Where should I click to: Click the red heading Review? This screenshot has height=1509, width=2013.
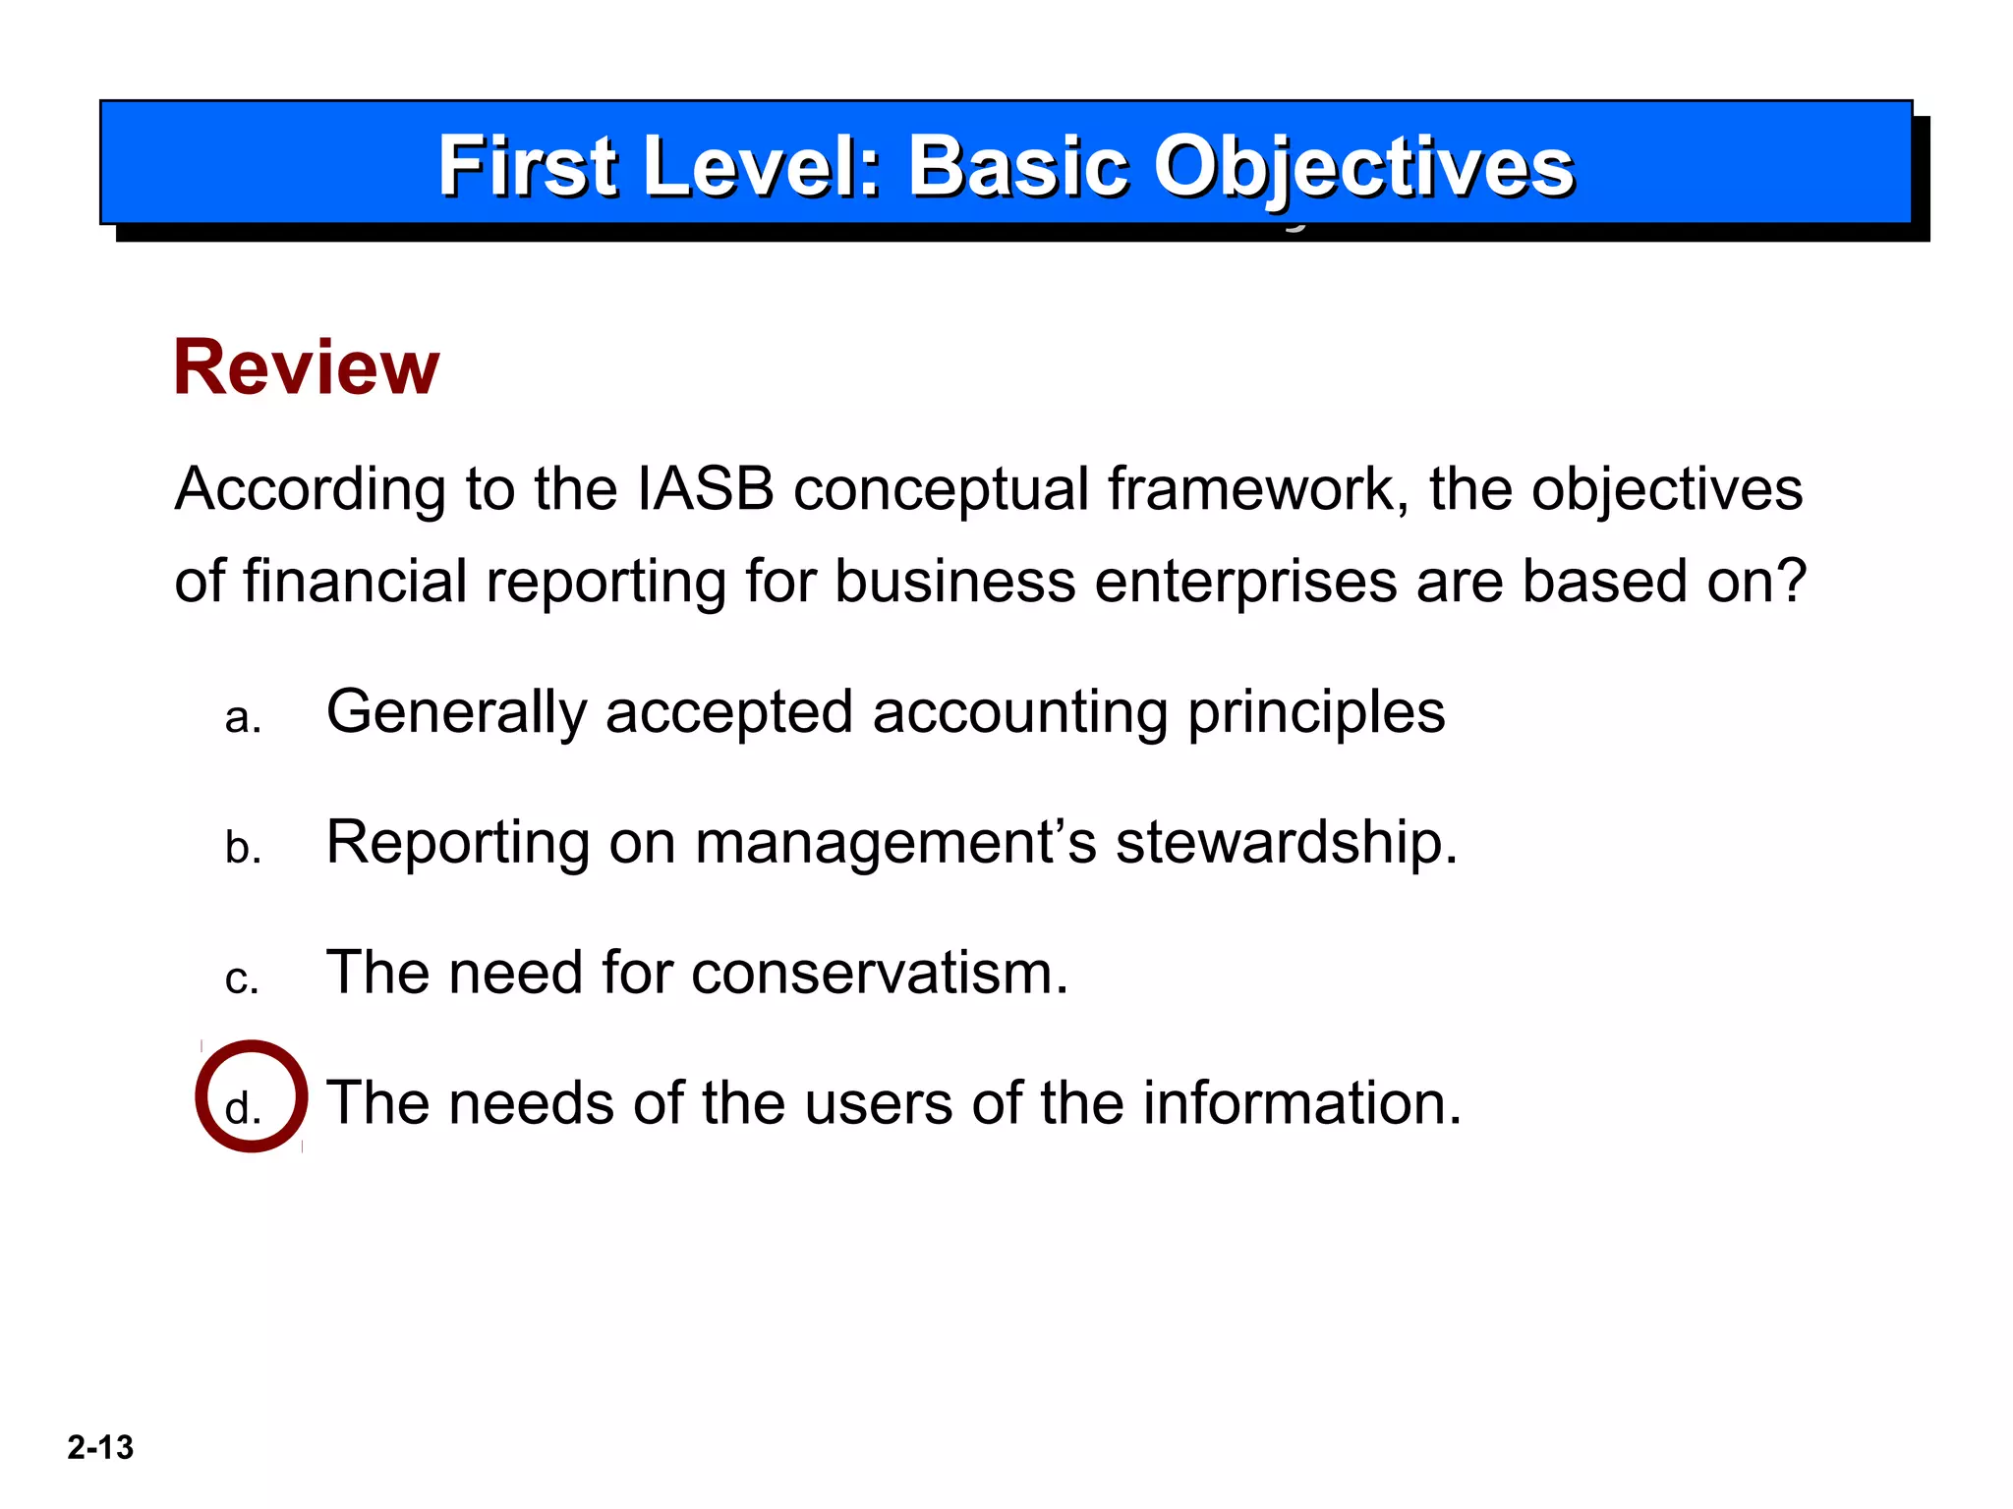click(x=306, y=367)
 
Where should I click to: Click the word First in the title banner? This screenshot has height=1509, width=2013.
click(x=528, y=167)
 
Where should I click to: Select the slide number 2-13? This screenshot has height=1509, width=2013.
click(x=100, y=1447)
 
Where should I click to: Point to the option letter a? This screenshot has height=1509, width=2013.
click(x=242, y=718)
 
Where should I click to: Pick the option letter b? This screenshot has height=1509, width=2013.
click(x=243, y=847)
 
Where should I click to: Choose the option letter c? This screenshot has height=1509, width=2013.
click(x=242, y=979)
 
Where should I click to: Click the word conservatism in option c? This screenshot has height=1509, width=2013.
click(x=879, y=973)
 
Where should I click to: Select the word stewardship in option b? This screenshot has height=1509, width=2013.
click(x=1286, y=843)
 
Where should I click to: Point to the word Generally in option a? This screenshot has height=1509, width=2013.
click(x=456, y=712)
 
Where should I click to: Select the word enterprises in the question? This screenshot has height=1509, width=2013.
click(x=1245, y=583)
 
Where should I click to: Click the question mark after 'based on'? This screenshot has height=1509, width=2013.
click(x=1791, y=581)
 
